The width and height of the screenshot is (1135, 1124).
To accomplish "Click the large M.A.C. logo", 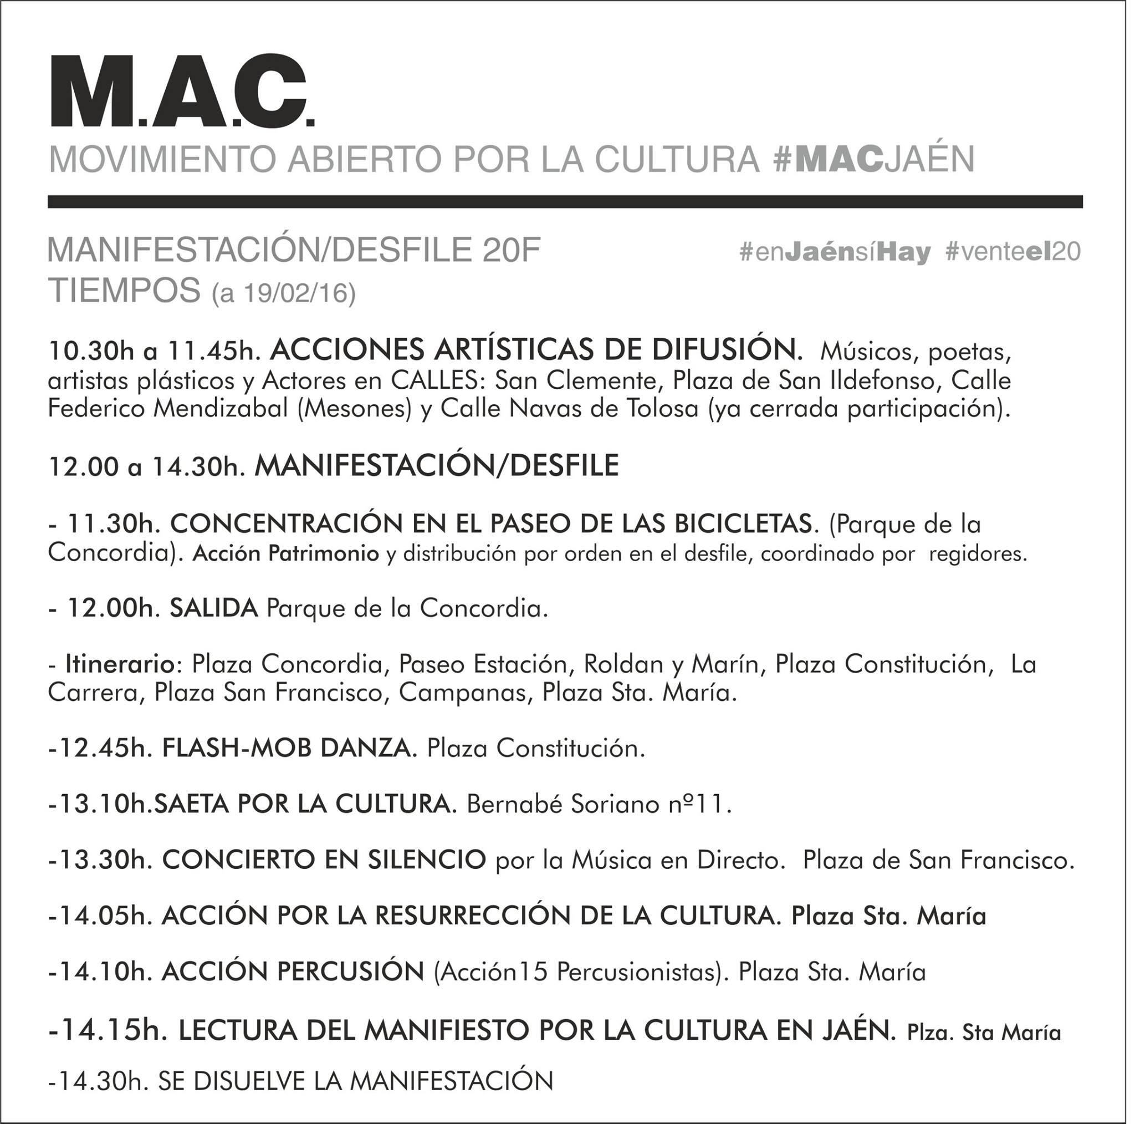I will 183,91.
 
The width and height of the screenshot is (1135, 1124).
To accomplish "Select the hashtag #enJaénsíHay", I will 835,252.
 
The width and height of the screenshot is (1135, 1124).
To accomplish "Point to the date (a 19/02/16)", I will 284,294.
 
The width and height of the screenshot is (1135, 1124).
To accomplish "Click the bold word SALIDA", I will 214,608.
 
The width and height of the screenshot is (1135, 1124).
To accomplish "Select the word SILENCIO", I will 427,860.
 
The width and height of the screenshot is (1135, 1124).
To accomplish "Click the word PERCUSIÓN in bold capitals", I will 350,972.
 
